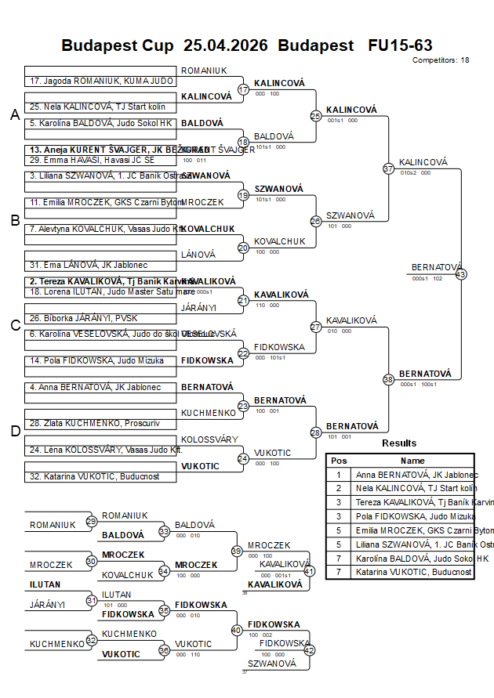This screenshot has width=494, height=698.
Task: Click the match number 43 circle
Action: pyautogui.click(x=461, y=274)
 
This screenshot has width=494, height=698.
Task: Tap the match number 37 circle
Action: pyautogui.click(x=388, y=168)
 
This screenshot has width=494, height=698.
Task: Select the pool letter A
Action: pyautogui.click(x=14, y=115)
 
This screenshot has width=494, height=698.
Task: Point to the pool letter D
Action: pyautogui.click(x=14, y=430)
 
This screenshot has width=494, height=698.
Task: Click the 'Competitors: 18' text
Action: pyautogui.click(x=441, y=60)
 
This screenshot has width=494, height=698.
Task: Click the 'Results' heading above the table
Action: pyautogui.click(x=399, y=443)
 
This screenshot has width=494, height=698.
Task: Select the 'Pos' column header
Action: pyautogui.click(x=339, y=461)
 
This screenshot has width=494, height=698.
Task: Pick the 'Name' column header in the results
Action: pyautogui.click(x=412, y=461)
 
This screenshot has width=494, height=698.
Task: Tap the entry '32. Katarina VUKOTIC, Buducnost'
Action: pyautogui.click(x=95, y=476)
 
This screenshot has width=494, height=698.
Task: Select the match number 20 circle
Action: pyautogui.click(x=243, y=248)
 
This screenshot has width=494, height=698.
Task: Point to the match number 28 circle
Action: pyautogui.click(x=316, y=432)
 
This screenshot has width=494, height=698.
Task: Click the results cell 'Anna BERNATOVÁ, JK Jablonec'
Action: pyautogui.click(x=413, y=475)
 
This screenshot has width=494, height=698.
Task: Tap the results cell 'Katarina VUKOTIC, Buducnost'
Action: pyautogui.click(x=413, y=572)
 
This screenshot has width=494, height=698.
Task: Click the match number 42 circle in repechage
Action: pyautogui.click(x=309, y=649)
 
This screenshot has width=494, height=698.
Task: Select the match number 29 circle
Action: pyautogui.click(x=92, y=521)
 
